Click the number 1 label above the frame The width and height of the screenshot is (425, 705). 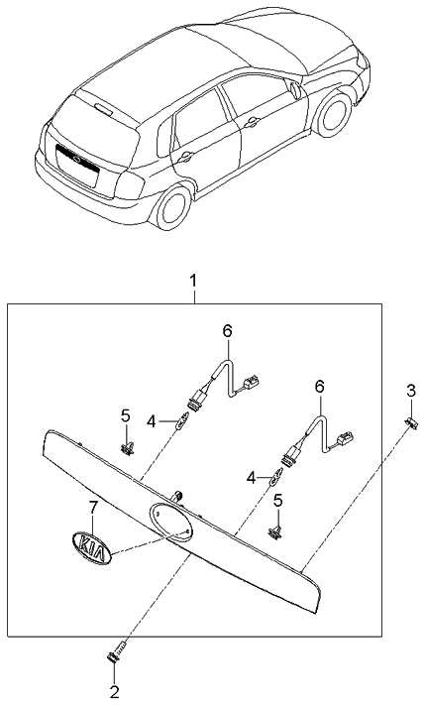pyautogui.click(x=194, y=283)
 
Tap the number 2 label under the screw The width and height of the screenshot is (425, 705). pyautogui.click(x=113, y=690)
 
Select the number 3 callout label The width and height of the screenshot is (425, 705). pyautogui.click(x=411, y=389)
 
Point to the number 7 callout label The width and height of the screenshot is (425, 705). pyautogui.click(x=94, y=508)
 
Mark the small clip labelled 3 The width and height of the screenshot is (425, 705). pyautogui.click(x=411, y=423)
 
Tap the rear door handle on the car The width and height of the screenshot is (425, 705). pyautogui.click(x=185, y=155)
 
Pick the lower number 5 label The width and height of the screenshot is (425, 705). pyautogui.click(x=278, y=502)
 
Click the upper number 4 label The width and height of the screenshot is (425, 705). pyautogui.click(x=152, y=420)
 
